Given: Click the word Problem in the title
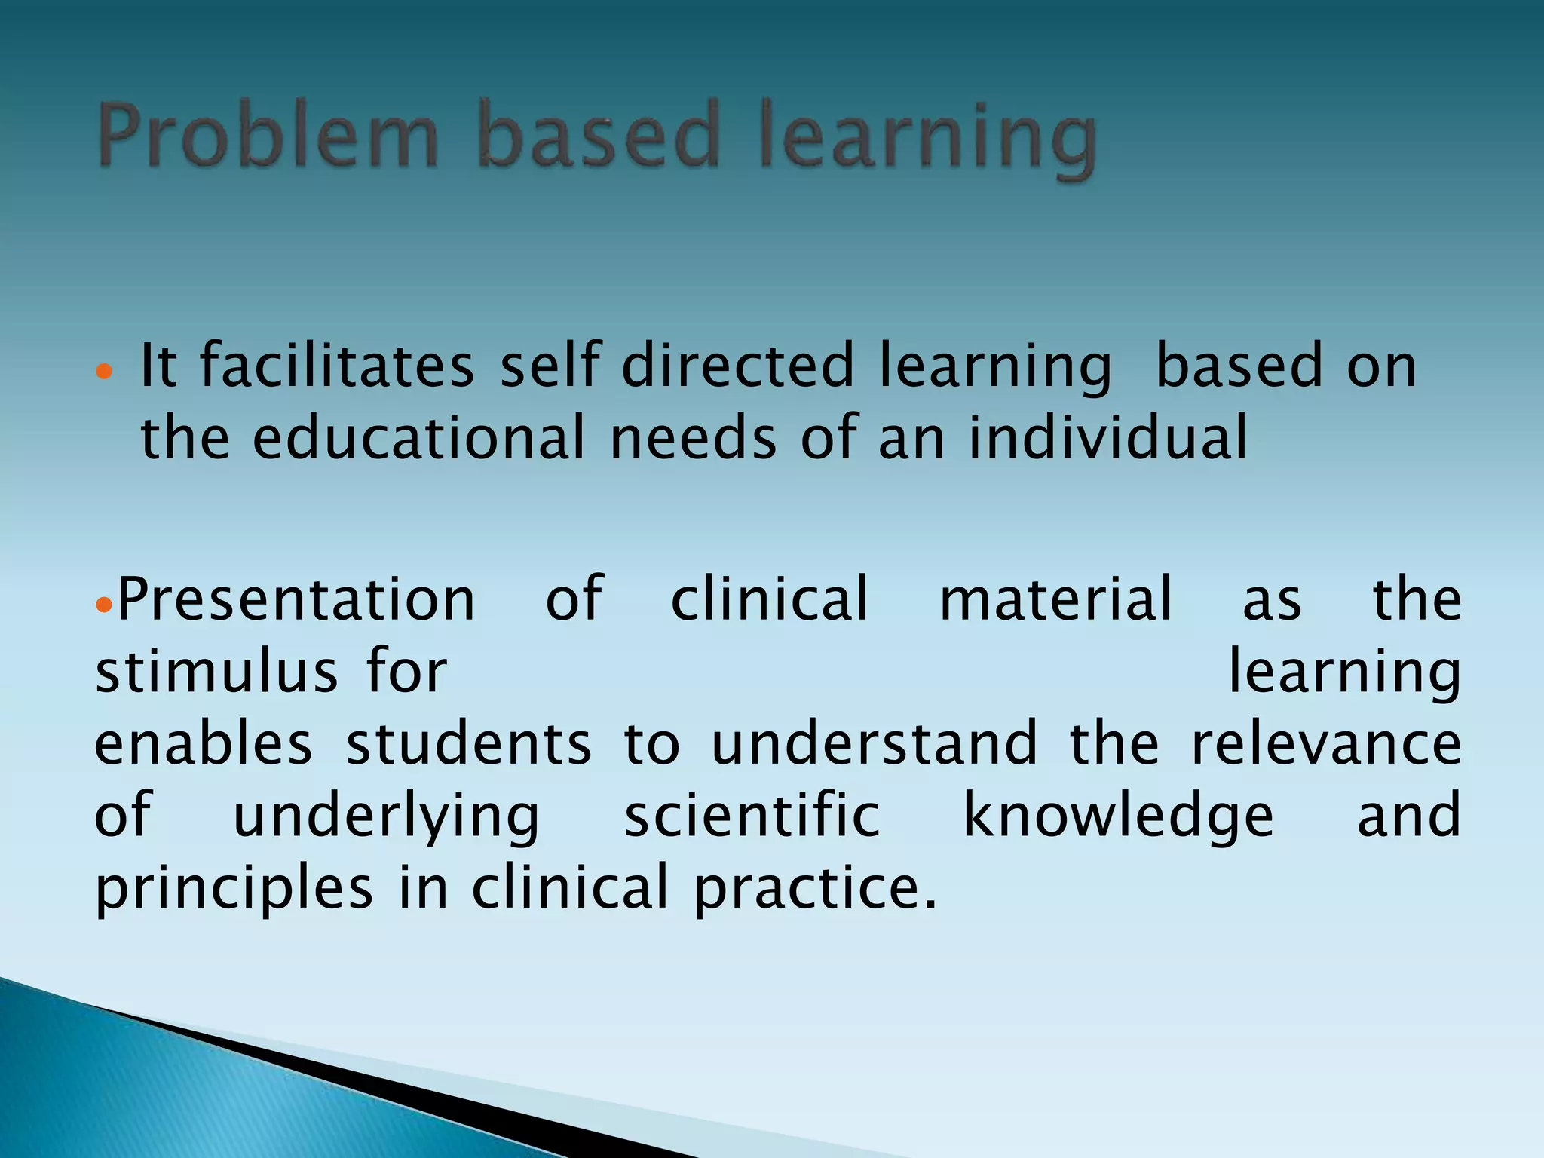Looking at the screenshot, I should click(268, 136).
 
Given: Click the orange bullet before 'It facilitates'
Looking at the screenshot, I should click(105, 372).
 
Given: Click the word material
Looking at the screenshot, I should click(1056, 599).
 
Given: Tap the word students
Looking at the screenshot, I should click(469, 744).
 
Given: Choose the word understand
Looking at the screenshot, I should click(875, 744).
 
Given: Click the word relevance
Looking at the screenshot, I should click(1326, 744).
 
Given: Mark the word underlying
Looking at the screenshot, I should click(386, 818).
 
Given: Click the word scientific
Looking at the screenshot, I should click(752, 816).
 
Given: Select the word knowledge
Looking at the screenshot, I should click(1119, 818).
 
